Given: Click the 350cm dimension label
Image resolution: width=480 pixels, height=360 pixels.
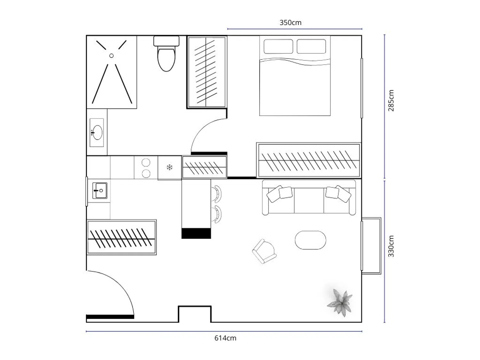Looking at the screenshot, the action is click(291, 22).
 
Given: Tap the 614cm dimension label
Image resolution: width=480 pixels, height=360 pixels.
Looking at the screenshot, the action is click(225, 338).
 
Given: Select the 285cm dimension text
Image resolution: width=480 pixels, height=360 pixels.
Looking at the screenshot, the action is click(391, 100).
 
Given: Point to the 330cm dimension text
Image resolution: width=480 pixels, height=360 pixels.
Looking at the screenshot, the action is click(391, 246).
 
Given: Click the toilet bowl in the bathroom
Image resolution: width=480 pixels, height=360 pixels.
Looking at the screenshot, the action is click(166, 60).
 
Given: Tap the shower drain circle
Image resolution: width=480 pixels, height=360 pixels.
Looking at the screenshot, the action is click(111, 56).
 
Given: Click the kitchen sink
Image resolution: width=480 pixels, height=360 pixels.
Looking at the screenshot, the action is click(100, 191).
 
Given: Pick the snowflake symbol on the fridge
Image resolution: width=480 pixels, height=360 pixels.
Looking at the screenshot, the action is click(170, 167).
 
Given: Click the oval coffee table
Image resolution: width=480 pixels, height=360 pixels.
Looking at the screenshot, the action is click(310, 240).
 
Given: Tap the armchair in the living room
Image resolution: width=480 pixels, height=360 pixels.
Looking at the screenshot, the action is click(264, 252).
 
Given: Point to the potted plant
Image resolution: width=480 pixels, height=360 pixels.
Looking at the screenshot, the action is click(340, 303).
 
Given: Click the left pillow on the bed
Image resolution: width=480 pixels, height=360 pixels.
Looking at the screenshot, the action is click(278, 46).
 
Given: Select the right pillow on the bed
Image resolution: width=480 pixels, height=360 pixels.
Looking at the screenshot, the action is click(311, 46).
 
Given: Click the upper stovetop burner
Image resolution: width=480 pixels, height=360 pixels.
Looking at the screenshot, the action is click(146, 163).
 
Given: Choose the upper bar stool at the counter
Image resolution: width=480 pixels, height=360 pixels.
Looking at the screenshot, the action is click(217, 194).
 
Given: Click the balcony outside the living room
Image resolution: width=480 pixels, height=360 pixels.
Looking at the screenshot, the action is click(371, 246).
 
